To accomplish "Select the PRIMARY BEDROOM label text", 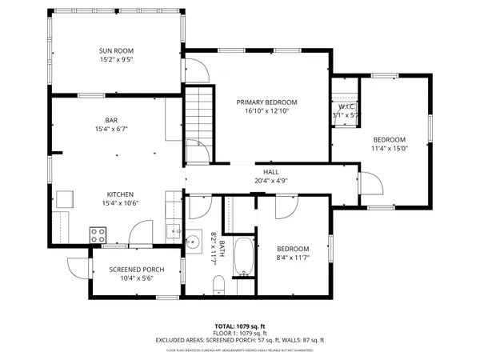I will [266, 102].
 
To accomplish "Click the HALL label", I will [271, 172].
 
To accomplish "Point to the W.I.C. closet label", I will [346, 106].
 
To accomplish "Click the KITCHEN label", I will [120, 194].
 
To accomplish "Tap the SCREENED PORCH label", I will [137, 270].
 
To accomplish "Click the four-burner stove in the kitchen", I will [98, 234].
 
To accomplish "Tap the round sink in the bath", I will [192, 242].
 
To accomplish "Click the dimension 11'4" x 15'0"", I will [390, 147].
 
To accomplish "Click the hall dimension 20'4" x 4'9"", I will [271, 181].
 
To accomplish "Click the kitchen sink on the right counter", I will [173, 231].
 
